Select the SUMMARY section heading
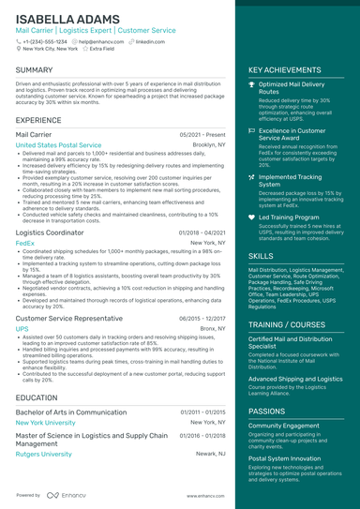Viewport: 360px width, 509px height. [x=35, y=70]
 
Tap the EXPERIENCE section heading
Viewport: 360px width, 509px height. [x=38, y=120]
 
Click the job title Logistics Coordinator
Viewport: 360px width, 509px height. [x=50, y=232]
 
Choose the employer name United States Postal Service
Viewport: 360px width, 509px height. [x=58, y=145]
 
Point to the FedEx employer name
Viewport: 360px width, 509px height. [x=25, y=242]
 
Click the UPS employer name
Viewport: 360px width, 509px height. [x=22, y=329]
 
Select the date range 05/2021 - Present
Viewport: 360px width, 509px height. [x=202, y=135]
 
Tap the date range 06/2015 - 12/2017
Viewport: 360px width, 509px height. [x=202, y=319]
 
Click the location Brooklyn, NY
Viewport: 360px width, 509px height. [x=209, y=145]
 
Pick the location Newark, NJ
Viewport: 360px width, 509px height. [x=210, y=454]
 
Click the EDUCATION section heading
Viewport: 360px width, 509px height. [x=37, y=398]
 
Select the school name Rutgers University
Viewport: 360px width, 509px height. [x=43, y=454]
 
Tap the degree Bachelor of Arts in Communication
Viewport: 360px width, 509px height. [x=71, y=412]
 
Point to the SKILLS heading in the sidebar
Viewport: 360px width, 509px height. [x=262, y=255]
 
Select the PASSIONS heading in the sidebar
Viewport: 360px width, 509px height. [x=267, y=411]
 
